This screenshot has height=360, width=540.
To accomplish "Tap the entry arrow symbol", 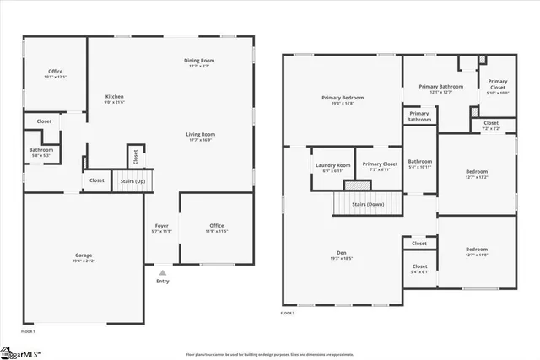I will [162, 272].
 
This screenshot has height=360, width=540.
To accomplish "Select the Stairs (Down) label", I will [368, 204].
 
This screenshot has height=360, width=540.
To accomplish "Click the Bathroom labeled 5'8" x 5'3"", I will [40, 153].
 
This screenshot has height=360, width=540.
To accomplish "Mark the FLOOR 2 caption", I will [288, 313].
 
